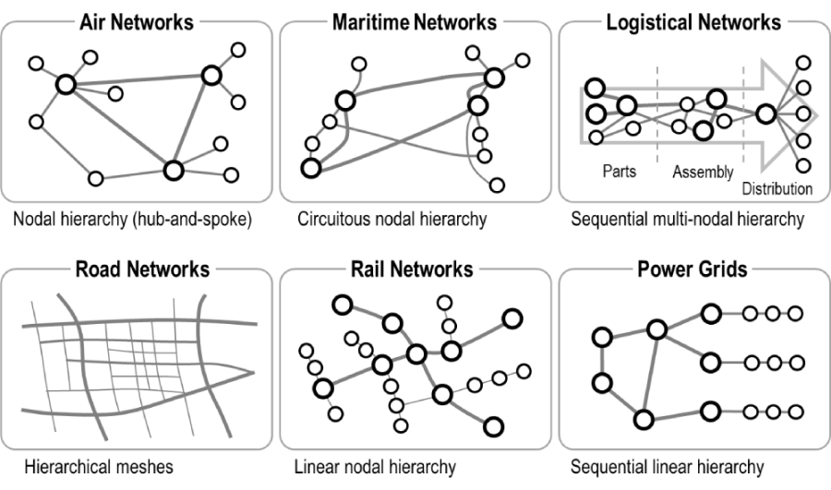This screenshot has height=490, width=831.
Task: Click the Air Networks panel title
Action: (138, 20)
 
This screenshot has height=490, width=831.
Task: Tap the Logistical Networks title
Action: (693, 20)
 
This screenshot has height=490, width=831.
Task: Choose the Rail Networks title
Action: (414, 269)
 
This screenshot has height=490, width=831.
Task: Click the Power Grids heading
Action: (693, 269)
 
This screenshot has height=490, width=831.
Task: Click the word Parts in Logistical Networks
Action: (619, 172)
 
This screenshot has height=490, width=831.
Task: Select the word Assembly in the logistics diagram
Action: (703, 172)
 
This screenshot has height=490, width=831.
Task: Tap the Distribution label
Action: (777, 188)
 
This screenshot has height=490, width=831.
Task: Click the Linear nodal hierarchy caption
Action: (375, 467)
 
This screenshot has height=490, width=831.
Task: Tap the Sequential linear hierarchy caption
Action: (667, 467)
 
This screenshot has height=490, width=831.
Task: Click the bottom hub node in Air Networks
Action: (174, 171)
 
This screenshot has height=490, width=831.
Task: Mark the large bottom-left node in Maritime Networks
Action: (310, 168)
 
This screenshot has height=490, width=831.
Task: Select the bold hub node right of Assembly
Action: (765, 114)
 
